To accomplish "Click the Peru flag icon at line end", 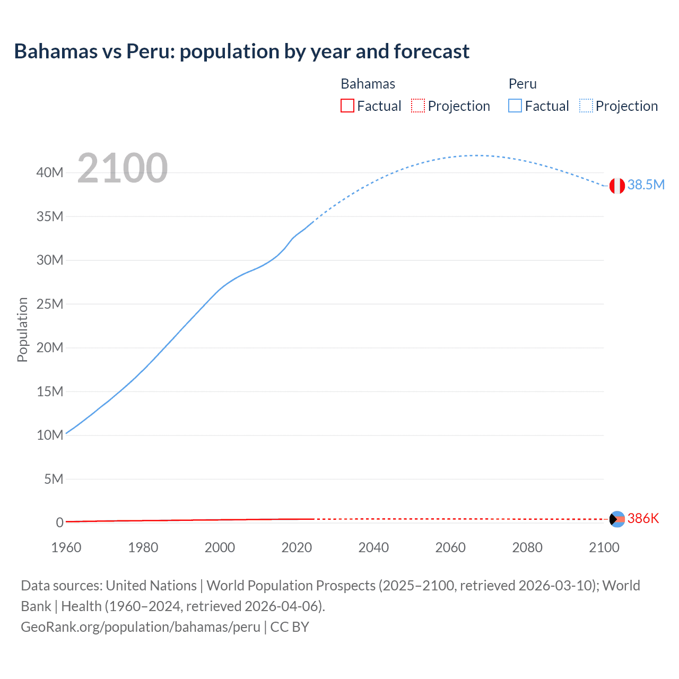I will point(617,186).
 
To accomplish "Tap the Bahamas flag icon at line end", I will point(617,519).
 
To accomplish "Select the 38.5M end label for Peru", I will point(646,185).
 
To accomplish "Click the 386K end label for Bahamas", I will point(643,518).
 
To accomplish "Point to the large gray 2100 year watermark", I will point(123,168).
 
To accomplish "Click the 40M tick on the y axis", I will point(50,172).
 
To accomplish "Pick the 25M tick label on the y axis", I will point(50,304).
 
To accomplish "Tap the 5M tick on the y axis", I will point(53,479).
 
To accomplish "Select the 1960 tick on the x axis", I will point(66,547).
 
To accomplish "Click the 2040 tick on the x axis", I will point(373,547).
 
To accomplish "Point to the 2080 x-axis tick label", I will point(527,547).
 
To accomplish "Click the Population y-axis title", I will point(22,329).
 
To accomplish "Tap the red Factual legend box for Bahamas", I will point(347,106).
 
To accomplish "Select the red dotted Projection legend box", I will point(418,106).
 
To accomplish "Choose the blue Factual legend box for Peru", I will point(515,106).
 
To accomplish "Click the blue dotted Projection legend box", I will point(586,106).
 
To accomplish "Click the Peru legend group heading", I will point(523,84).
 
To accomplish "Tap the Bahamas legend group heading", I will point(368,84).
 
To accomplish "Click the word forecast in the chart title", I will point(431,51).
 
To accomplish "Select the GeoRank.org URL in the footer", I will point(141,627).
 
